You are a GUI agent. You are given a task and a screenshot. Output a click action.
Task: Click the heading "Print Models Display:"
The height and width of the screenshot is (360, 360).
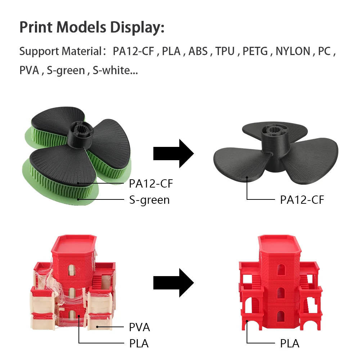pyautogui.click(x=92, y=27)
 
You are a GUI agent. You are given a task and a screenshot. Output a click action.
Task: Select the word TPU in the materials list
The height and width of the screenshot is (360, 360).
pyautogui.click(x=225, y=51)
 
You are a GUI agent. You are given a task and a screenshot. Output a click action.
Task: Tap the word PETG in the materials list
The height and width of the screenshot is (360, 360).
pyautogui.click(x=255, y=51)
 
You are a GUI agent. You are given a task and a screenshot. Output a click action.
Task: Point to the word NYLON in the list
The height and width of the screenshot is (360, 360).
pyautogui.click(x=293, y=51)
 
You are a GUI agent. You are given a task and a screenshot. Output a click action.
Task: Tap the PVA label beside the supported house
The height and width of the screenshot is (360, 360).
pyautogui.click(x=139, y=327)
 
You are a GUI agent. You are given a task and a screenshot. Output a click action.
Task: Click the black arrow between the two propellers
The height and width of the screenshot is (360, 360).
pyautogui.click(x=174, y=154)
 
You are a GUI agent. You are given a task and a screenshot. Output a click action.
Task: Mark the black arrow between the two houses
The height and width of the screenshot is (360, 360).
pyautogui.click(x=174, y=282)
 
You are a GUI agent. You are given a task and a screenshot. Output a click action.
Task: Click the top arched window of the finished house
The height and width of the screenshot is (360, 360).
pyautogui.click(x=280, y=271)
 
